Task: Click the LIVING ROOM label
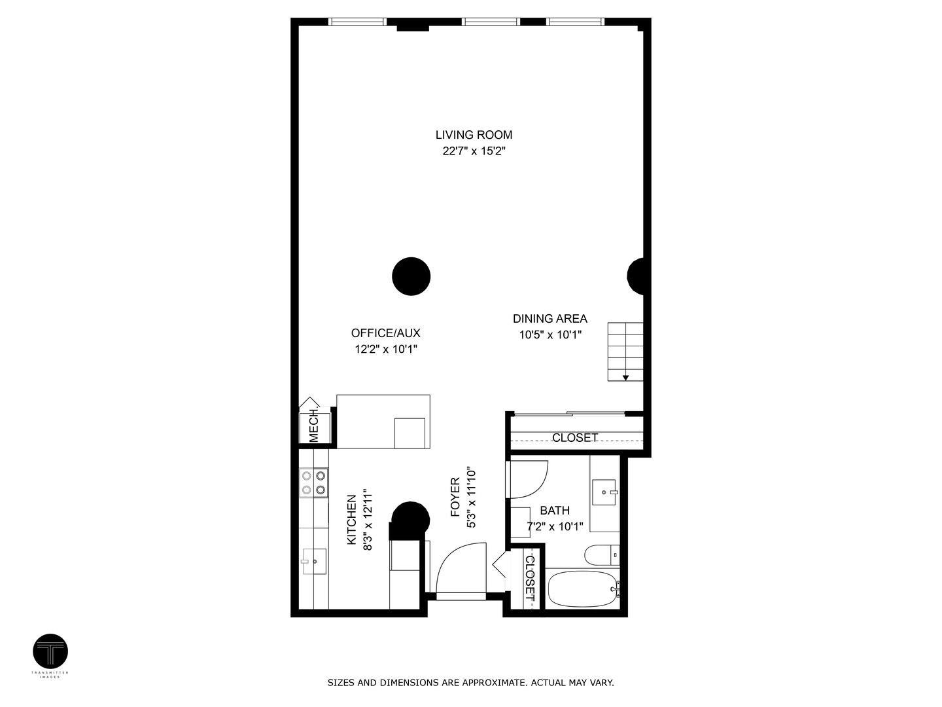pos(474,135)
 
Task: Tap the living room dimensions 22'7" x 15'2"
pos(474,151)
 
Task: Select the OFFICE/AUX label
pos(385,333)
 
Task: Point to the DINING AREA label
pos(549,319)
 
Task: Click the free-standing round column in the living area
pos(411,276)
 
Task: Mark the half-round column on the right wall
pos(637,276)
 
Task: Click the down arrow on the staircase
pos(625,377)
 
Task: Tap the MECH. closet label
pos(314,426)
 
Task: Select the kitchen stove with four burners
pos(313,482)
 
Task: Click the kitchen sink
pos(314,561)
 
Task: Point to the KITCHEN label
pos(352,520)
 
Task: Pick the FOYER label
pos(456,498)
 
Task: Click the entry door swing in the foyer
pos(458,568)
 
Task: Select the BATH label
pos(555,511)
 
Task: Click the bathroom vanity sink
pos(604,492)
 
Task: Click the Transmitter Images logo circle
pos(50,652)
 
